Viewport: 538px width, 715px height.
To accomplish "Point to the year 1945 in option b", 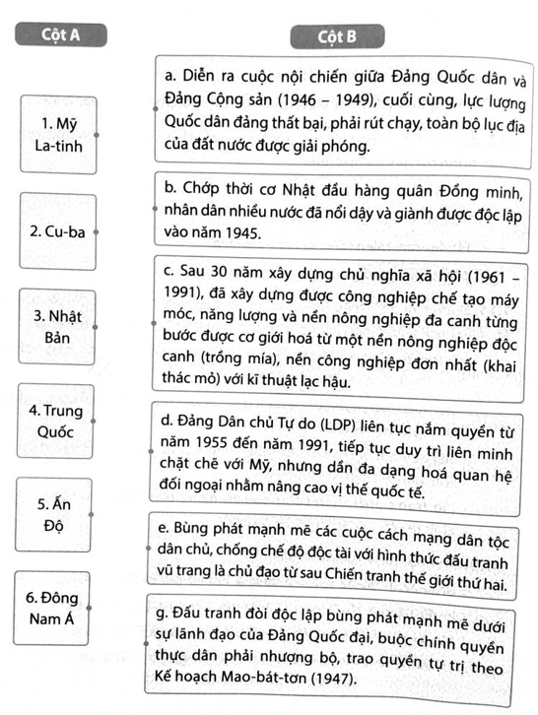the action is (235, 233).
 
